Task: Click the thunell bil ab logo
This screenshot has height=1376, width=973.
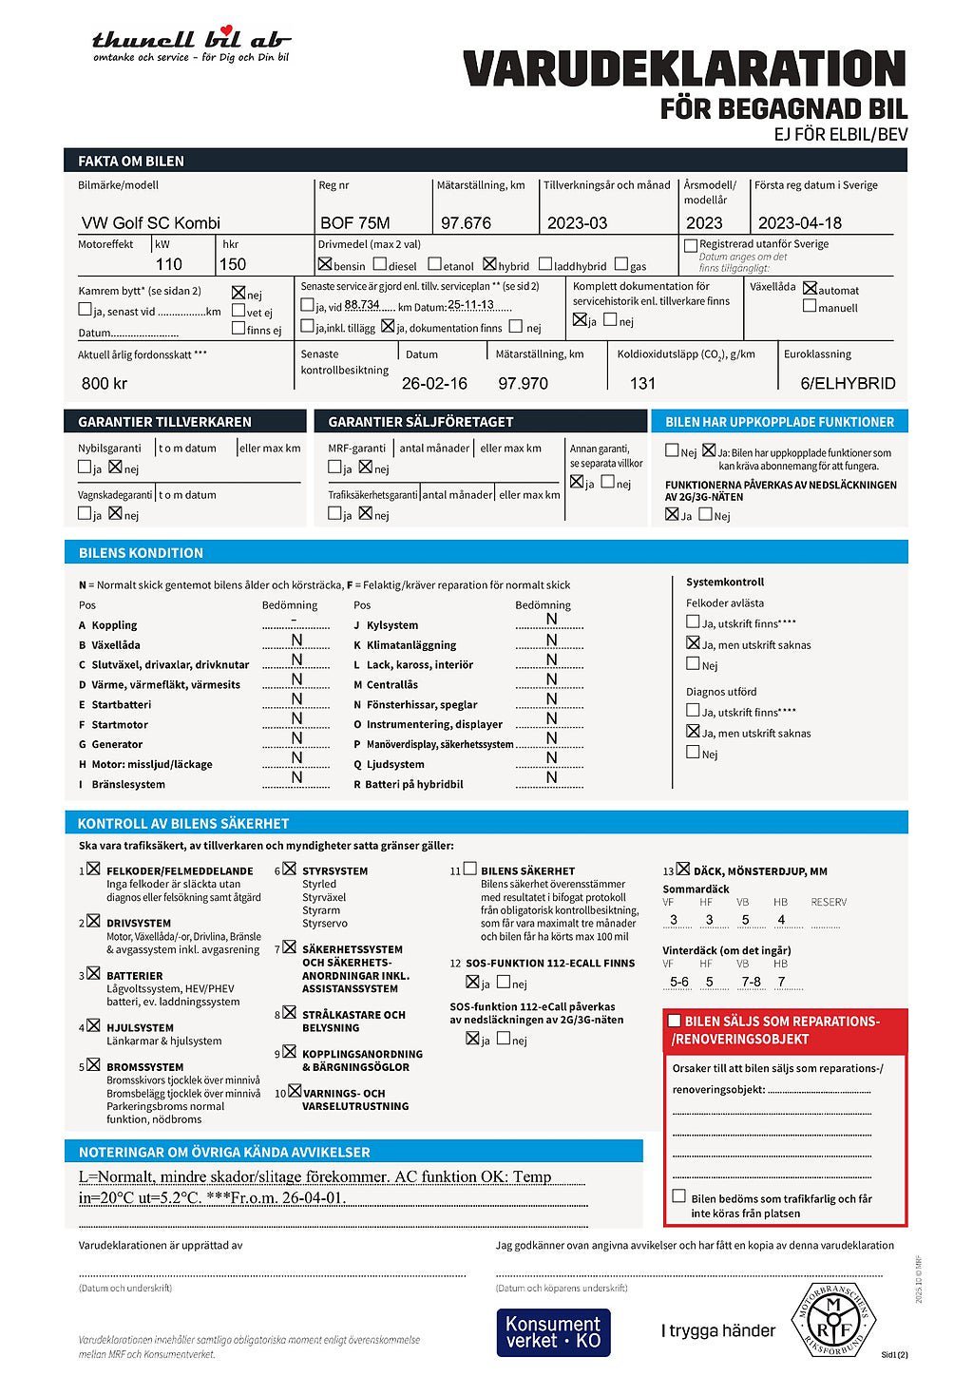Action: [x=191, y=44]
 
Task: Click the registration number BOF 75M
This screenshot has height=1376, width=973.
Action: [x=354, y=223]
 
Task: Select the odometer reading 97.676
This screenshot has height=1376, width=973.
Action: [x=466, y=223]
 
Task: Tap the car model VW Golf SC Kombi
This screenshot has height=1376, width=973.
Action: [x=150, y=223]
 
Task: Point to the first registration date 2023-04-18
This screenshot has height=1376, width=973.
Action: [x=799, y=223]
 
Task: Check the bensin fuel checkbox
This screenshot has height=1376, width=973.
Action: [x=325, y=264]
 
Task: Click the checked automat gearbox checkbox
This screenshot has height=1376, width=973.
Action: [x=810, y=288]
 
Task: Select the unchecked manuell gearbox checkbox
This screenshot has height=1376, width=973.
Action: [x=810, y=306]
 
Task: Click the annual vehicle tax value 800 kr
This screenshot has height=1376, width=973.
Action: [x=105, y=384]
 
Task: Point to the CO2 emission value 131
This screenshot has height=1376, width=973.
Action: [x=642, y=384]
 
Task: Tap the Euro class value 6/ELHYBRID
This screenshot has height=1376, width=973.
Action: [x=848, y=384]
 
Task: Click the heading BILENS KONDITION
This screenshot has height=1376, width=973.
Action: [x=141, y=553]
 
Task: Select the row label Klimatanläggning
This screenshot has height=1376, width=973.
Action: [x=410, y=645]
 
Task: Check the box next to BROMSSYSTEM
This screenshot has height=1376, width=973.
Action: [x=94, y=1065]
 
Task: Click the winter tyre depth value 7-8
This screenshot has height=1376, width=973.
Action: [x=751, y=982]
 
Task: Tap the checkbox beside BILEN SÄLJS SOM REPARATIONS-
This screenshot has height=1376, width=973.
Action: [x=675, y=1021]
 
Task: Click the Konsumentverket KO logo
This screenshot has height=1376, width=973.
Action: [x=553, y=1332]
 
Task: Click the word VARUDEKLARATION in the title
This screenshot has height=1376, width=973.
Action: [x=684, y=69]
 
